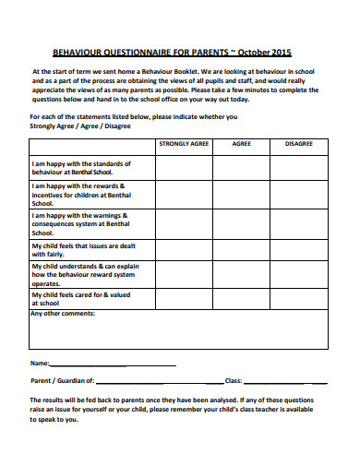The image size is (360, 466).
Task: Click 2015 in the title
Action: pos(279,54)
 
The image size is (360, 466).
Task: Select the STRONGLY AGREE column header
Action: pos(184,145)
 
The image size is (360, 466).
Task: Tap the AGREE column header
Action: pos(241,145)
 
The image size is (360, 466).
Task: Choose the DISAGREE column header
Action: pos(298,145)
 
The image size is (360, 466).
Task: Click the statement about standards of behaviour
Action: pos(84,167)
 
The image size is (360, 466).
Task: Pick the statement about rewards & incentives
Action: pos(83,195)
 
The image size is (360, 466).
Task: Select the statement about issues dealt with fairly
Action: pos(84,251)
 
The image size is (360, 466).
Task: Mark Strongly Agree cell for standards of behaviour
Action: pos(184,167)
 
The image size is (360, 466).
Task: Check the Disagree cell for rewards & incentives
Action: pos(298,195)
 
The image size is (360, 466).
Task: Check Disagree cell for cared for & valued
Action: pos(298,298)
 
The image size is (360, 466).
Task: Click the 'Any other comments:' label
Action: pos(63,315)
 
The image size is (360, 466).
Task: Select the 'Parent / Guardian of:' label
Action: pos(62,380)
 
